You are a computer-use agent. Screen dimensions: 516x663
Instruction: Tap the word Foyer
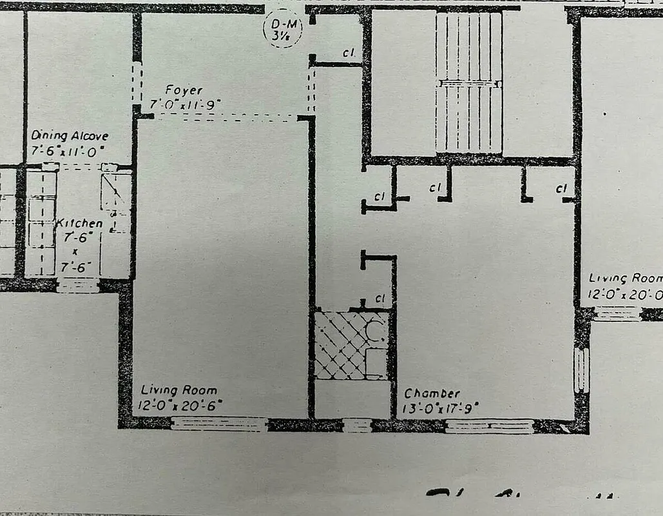tap(183, 90)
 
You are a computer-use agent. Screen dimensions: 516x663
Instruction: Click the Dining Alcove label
tap(70, 136)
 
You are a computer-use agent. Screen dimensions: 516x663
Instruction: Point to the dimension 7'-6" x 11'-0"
tap(68, 150)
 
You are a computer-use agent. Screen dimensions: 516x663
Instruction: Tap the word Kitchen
tap(79, 223)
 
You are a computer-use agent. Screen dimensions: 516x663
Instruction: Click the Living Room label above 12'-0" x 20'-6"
tap(179, 390)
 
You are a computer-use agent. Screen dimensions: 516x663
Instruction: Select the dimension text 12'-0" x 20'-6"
tap(181, 405)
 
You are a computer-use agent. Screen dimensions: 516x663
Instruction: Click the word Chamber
tap(432, 393)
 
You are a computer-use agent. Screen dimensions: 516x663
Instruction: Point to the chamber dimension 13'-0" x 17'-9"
tap(441, 407)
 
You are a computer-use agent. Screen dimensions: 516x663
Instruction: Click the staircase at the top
tap(468, 83)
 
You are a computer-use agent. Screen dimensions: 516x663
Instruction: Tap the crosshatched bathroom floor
tap(340, 344)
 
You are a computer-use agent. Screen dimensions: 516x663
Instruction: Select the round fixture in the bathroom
tap(374, 331)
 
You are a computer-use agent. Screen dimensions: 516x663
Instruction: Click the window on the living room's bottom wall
tap(219, 424)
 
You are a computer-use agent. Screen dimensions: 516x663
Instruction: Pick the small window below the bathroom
tap(357, 425)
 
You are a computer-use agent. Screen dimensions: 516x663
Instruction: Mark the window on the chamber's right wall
tap(581, 370)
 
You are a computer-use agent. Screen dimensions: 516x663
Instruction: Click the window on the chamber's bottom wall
tap(490, 426)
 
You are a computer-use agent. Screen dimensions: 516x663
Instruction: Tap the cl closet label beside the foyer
tap(350, 54)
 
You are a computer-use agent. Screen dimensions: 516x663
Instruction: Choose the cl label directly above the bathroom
tap(380, 299)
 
